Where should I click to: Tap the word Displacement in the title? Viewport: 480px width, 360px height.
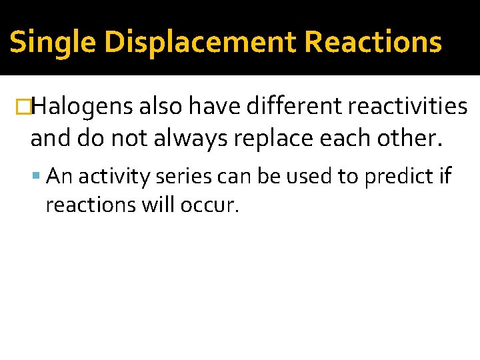(x=199, y=43)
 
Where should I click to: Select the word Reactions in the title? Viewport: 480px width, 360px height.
(x=373, y=43)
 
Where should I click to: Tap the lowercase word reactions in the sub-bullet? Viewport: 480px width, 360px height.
(x=91, y=205)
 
